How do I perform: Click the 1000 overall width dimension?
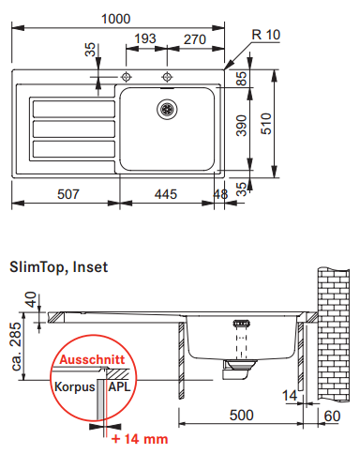115,19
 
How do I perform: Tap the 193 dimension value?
145,38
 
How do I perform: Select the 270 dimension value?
195,39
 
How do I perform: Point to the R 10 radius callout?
266,35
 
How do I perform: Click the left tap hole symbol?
126,77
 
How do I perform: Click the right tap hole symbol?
167,77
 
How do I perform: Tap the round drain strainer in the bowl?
167,109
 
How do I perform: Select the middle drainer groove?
74,129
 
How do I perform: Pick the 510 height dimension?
266,124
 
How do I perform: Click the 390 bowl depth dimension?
241,126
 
